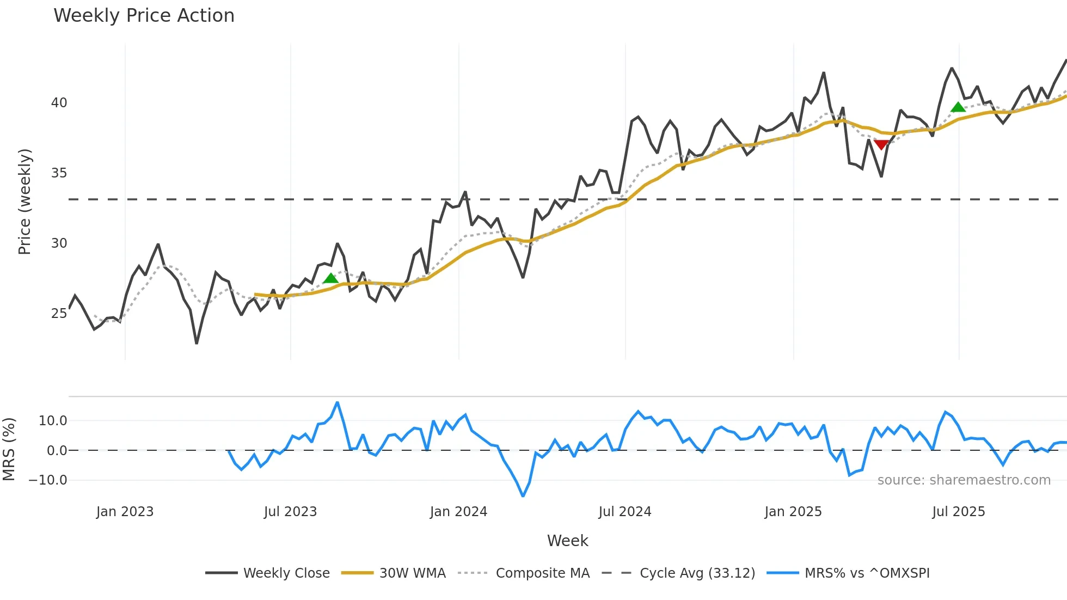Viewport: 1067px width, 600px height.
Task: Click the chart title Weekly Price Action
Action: pos(144,16)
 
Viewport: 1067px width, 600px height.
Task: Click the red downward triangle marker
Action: pos(881,144)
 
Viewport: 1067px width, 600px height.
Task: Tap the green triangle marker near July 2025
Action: pos(958,107)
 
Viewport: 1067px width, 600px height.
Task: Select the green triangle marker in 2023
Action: pos(330,279)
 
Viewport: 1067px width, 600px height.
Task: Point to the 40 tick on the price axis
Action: pos(59,103)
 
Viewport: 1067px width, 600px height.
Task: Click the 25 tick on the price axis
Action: pos(59,314)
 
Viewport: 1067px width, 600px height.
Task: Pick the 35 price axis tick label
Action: pos(59,173)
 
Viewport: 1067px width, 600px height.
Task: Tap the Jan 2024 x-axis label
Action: pos(458,512)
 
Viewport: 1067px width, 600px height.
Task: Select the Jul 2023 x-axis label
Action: pos(290,512)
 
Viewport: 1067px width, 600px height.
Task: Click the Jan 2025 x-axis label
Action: pos(793,512)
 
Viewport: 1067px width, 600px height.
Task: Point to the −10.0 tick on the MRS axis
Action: pos(48,480)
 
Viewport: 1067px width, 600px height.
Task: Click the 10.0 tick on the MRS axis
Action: pos(53,421)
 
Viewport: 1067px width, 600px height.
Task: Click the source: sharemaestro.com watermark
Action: pos(964,480)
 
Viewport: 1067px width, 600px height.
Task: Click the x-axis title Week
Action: pos(567,541)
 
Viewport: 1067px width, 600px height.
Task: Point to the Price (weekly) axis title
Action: pos(25,201)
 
